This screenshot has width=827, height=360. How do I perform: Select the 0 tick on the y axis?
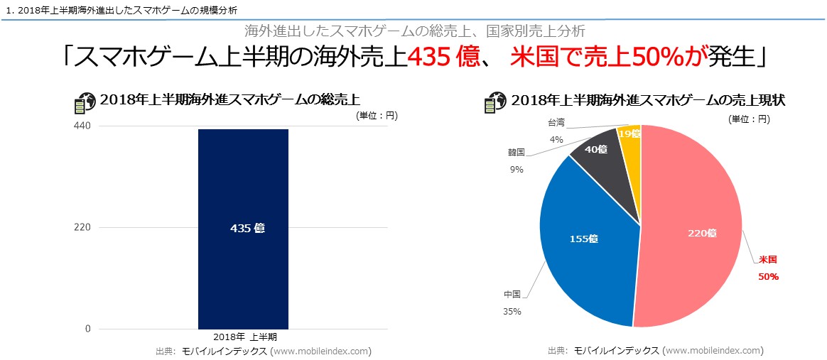(x=87, y=329)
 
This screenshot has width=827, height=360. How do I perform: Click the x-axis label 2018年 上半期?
(x=243, y=337)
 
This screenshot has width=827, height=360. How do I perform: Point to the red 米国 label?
(x=767, y=261)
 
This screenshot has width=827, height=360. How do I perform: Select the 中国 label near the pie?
(x=512, y=294)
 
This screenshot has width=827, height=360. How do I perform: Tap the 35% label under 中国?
(x=512, y=311)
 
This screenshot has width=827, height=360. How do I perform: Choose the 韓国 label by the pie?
(x=516, y=152)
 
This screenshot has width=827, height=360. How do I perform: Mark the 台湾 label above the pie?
(x=556, y=122)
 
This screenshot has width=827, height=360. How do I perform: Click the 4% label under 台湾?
(x=556, y=140)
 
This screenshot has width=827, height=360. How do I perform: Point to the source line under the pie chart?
(x=655, y=350)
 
